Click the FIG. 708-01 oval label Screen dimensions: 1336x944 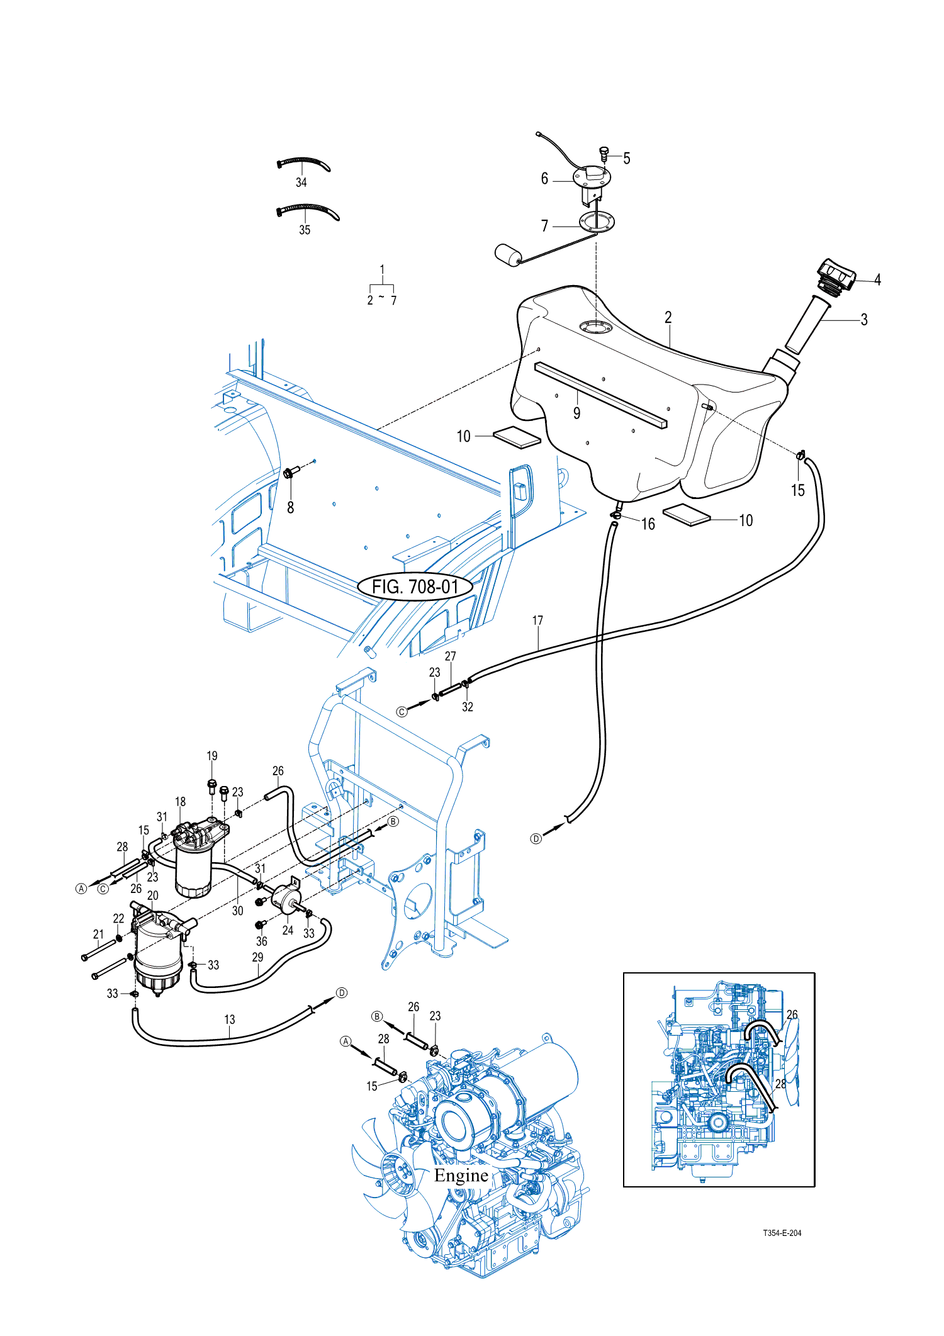(415, 587)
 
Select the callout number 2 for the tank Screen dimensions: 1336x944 (668, 317)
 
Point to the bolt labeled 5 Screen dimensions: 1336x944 (604, 152)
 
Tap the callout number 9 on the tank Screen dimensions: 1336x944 (576, 413)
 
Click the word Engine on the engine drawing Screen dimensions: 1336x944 (461, 1176)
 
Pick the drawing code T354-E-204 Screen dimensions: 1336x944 (782, 1233)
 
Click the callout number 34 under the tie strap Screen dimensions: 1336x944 (301, 182)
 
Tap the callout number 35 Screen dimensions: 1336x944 (305, 230)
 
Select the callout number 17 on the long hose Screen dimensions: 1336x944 (537, 620)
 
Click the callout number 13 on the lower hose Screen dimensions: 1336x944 (230, 1019)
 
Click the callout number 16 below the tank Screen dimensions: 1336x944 (648, 524)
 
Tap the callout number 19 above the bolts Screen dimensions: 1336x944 (212, 756)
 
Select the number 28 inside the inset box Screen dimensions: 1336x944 (780, 1084)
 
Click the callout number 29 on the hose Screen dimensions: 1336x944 (257, 957)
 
